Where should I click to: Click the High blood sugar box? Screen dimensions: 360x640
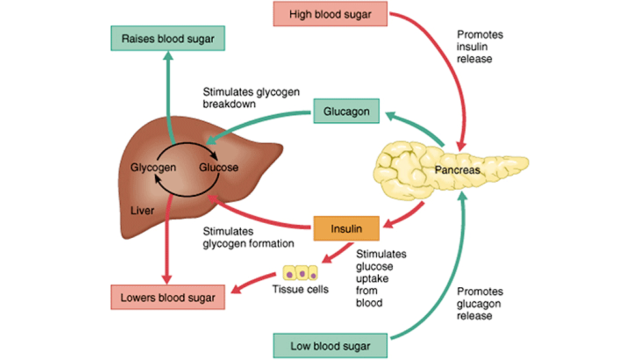[x=331, y=14]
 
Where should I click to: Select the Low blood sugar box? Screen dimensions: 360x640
[x=331, y=346]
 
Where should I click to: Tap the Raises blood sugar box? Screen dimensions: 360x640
[x=168, y=38]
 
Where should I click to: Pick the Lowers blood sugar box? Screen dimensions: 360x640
[x=168, y=297]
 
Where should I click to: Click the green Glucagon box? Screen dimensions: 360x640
[x=346, y=112]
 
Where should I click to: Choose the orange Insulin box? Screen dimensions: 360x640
[x=346, y=229]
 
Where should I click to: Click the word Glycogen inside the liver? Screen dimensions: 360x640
[x=153, y=167]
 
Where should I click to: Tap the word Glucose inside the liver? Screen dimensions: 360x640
[x=219, y=167]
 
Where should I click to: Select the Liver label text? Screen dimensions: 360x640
[x=142, y=211]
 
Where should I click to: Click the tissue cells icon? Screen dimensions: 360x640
[x=301, y=272]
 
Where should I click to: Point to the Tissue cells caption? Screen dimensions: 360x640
[x=301, y=289]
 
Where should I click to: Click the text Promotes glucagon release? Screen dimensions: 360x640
[x=479, y=303]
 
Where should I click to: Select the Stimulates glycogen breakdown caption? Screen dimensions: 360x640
[x=251, y=98]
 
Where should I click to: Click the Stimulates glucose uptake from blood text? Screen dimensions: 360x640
[x=381, y=278]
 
